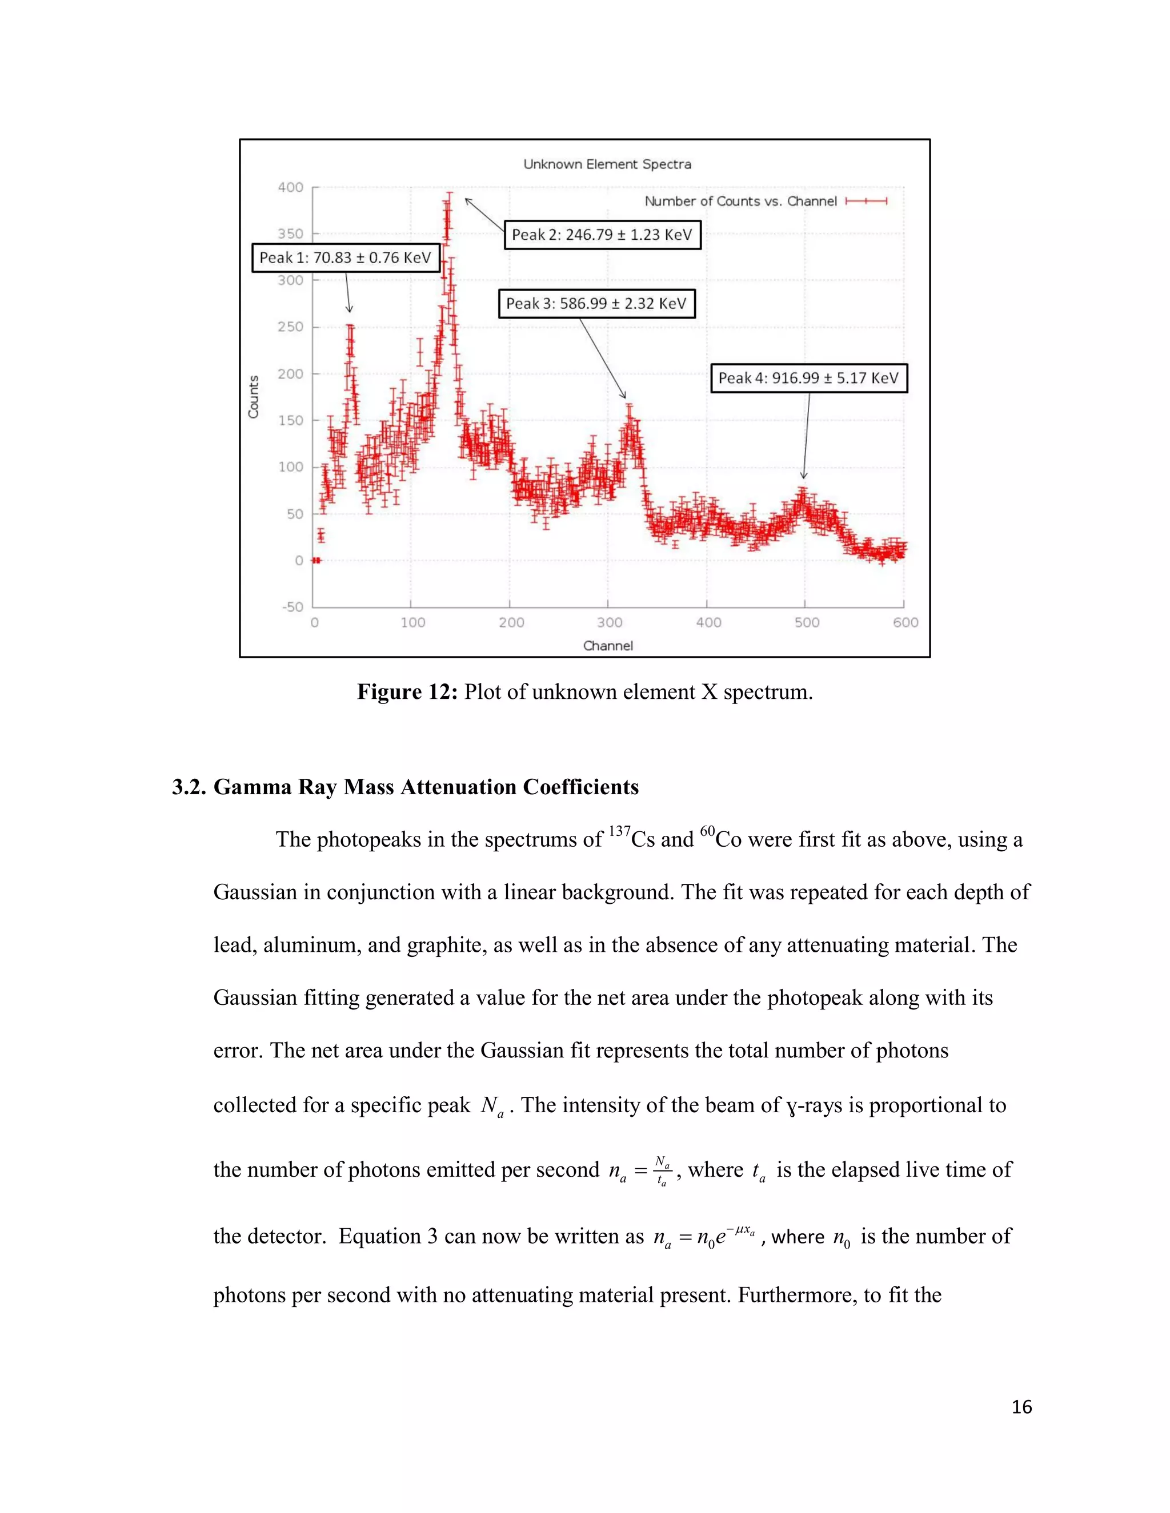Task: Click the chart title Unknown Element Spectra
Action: tap(607, 164)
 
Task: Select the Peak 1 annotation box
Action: tap(345, 257)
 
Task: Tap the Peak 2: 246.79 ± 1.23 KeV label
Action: tap(602, 235)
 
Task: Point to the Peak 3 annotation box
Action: tap(596, 303)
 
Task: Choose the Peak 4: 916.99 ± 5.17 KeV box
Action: tap(808, 378)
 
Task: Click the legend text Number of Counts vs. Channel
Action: tap(740, 202)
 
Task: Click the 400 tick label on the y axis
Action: tap(290, 187)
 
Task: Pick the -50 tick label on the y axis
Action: tap(292, 607)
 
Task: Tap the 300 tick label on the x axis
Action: tap(609, 623)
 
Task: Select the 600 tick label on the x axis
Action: tap(905, 623)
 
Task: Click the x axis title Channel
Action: tap(608, 646)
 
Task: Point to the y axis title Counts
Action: tap(254, 397)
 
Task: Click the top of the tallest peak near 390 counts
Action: tap(449, 195)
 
